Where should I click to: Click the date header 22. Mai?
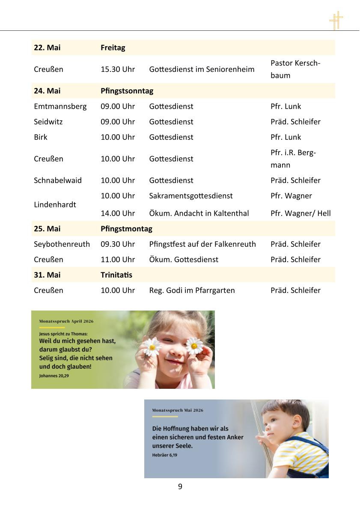[47, 47]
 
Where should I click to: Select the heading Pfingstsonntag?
[127, 91]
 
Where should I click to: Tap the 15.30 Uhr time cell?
[118, 69]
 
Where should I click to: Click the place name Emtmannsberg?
[60, 106]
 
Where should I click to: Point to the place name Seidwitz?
[48, 121]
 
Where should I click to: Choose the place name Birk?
[41, 137]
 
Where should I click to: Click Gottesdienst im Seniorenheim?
[202, 69]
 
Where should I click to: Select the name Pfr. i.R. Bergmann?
[293, 158]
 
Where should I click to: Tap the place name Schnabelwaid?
[58, 180]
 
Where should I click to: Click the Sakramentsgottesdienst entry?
[191, 195]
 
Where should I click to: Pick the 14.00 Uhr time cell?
[118, 213]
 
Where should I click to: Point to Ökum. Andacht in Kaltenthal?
[199, 213]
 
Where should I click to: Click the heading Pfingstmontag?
[126, 228]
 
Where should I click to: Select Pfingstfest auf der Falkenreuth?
[202, 244]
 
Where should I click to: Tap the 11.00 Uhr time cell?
[118, 259]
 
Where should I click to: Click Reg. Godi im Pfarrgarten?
[192, 290]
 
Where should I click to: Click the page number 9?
[180, 486]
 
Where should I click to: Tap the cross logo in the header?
[336, 20]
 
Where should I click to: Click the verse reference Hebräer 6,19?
[164, 455]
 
